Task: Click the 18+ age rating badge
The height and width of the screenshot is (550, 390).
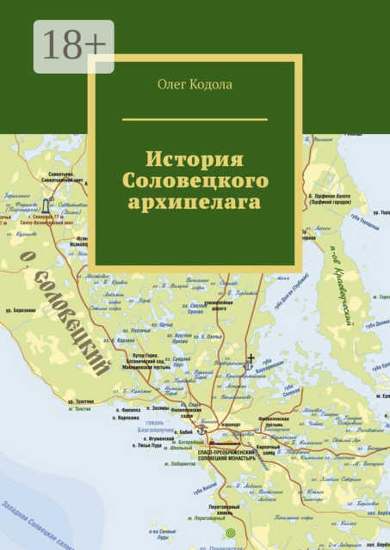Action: [74, 46]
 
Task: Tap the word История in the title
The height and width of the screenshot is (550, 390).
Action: [195, 160]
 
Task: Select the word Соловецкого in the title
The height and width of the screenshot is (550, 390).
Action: [195, 181]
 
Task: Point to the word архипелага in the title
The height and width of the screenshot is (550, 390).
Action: [195, 203]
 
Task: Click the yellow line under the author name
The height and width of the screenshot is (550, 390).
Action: [195, 119]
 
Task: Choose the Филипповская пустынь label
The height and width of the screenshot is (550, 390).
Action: [276, 423]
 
